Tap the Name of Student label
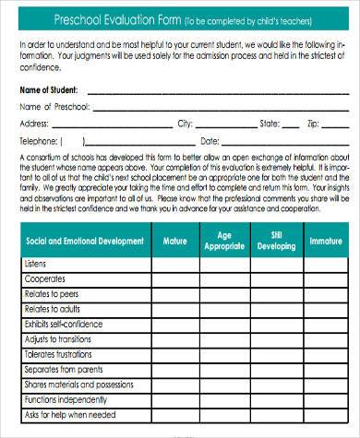pos(49,90)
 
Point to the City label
pos(185,123)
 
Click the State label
pos(269,123)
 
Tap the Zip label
pos(314,123)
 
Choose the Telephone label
pos(39,142)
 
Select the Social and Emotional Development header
pos(84,241)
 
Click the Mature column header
pos(174,241)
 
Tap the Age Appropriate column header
pos(224,241)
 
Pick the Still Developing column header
pos(275,241)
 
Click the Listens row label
pos(37,264)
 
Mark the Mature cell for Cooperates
pos(174,278)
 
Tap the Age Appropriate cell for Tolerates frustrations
pos(224,353)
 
